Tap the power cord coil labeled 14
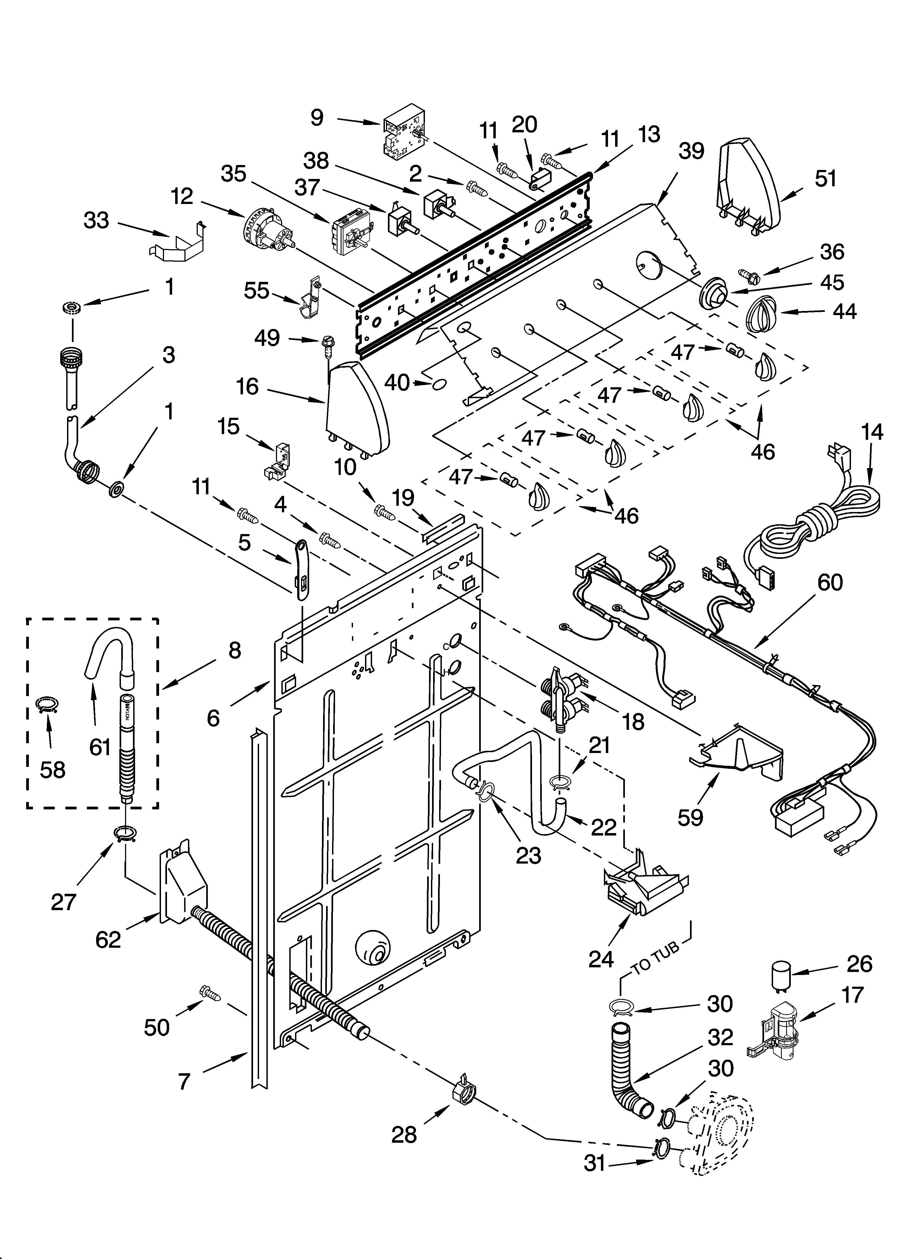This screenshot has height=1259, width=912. click(x=816, y=522)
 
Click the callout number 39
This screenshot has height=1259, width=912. click(x=691, y=151)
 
